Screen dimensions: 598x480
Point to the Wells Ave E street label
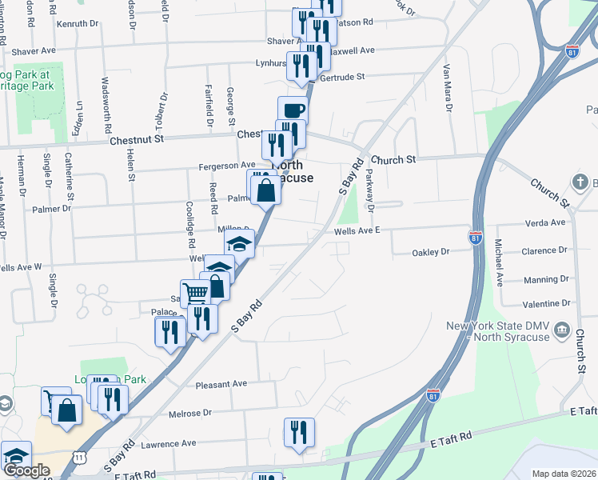point(357,230)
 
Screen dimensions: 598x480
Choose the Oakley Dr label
point(431,252)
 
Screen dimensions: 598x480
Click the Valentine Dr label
point(546,303)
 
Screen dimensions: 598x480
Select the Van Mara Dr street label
point(448,88)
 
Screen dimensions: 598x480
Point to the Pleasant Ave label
point(222,384)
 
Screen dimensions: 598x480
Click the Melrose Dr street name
point(190,413)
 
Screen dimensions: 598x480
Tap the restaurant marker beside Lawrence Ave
point(299,433)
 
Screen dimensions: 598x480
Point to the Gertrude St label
point(341,77)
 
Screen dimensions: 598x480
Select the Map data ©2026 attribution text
point(564,474)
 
